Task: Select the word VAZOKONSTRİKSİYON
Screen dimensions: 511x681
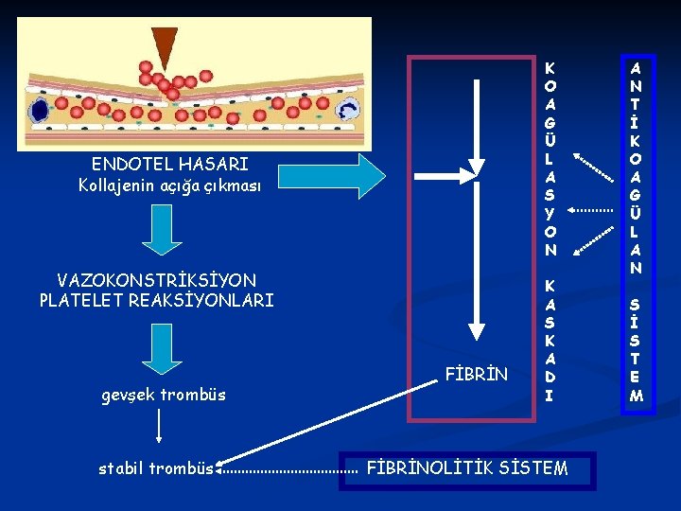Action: (x=156, y=281)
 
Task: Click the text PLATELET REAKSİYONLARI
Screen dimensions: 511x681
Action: (x=156, y=301)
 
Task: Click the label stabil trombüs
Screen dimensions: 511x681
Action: (x=155, y=468)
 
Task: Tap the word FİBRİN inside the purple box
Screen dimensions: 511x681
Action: (x=476, y=375)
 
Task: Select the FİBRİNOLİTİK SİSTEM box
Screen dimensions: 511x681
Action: (x=467, y=468)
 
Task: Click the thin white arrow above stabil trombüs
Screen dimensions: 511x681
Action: (x=158, y=427)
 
